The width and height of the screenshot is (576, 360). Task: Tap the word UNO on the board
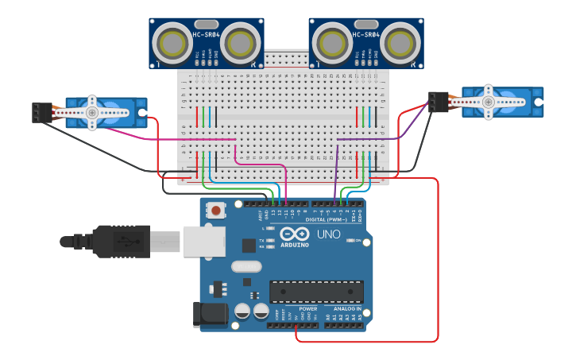(x=328, y=234)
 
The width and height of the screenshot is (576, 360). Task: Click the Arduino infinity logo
(x=294, y=234)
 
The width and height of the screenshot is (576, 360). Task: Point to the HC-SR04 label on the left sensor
(x=206, y=35)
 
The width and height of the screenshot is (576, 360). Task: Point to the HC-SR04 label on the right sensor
(x=365, y=35)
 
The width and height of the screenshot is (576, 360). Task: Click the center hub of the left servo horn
(x=92, y=114)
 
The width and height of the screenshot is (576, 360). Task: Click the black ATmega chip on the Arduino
(x=316, y=291)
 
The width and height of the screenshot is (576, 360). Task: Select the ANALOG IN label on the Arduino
(x=347, y=308)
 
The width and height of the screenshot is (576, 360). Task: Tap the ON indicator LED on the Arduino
(x=350, y=240)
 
